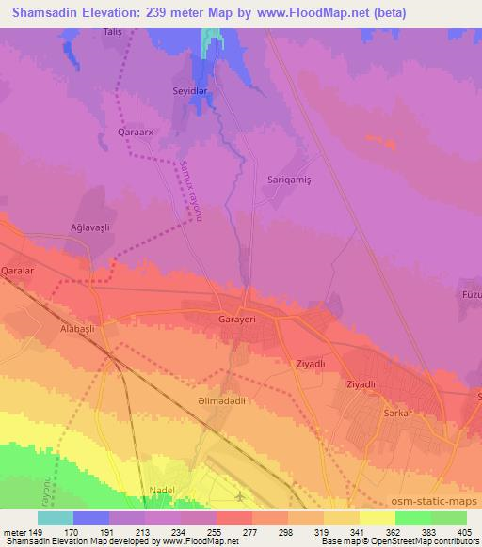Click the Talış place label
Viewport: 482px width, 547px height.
tap(113, 32)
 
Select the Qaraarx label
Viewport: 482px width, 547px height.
tap(131, 132)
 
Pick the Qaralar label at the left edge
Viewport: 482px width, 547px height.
tap(18, 269)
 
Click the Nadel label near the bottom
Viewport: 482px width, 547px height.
tap(164, 491)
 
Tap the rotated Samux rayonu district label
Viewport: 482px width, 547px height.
tap(190, 191)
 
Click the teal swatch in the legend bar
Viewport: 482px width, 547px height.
tap(56, 518)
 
